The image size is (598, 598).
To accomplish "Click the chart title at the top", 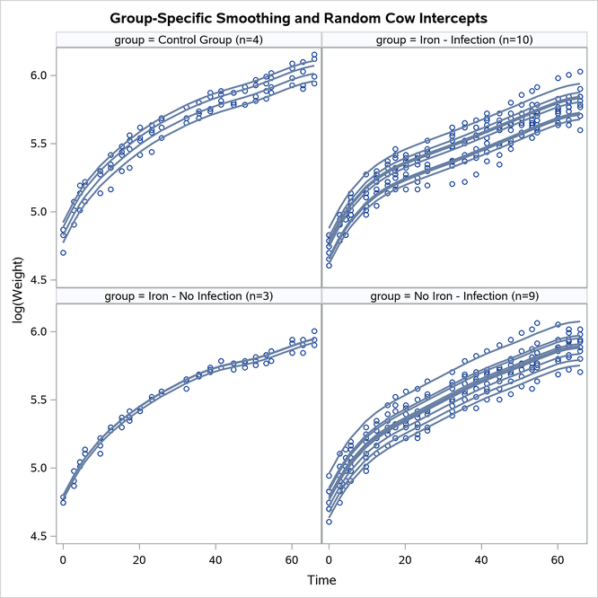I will pos(298,17).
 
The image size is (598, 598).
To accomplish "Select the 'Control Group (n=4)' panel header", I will pos(189,40).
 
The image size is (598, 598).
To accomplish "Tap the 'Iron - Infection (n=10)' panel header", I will pos(454,40).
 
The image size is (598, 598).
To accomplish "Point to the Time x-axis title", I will pos(321,581).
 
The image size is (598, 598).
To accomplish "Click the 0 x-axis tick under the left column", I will pos(63,559).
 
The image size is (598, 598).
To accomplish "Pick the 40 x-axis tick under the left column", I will pos(215,559).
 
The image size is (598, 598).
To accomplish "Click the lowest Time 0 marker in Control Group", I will pos(63,253).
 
